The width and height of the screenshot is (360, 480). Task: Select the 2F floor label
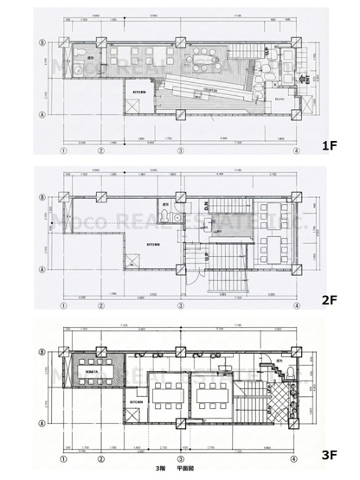click(x=329, y=300)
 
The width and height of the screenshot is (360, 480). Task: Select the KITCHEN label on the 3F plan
click(x=137, y=402)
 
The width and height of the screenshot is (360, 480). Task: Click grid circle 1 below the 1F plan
click(x=63, y=150)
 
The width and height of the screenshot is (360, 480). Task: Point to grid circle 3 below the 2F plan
click(x=180, y=304)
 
